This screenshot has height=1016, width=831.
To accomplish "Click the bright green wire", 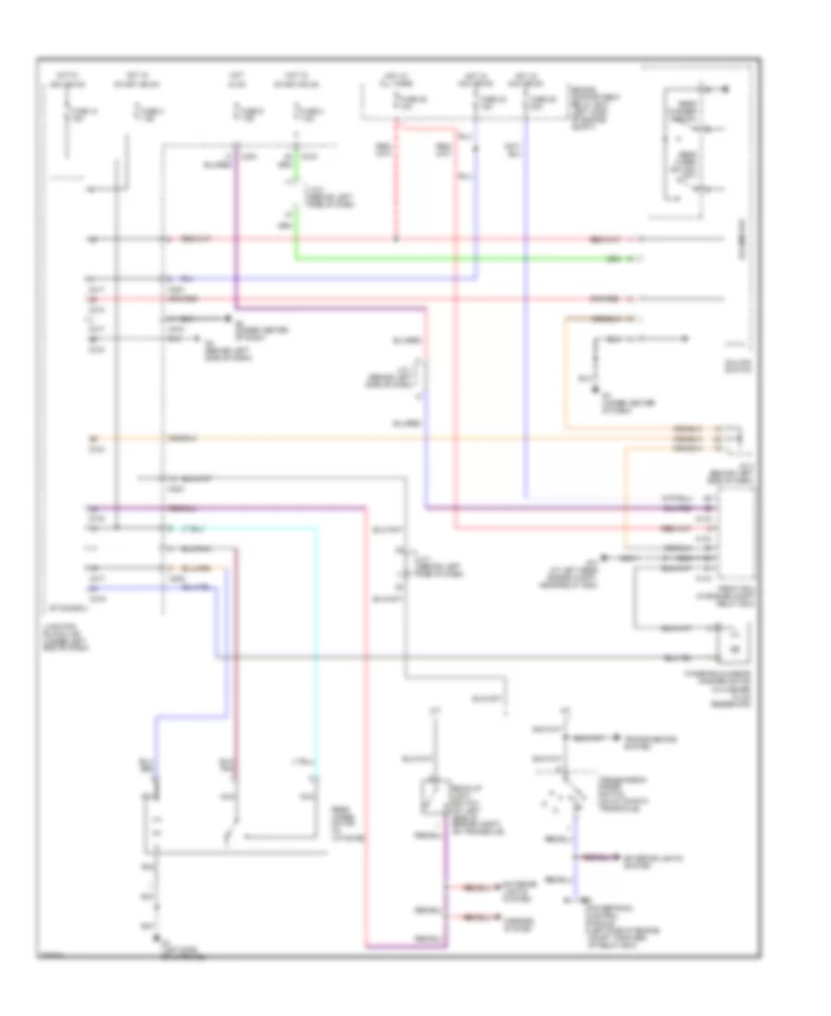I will pyautogui.click(x=462, y=259).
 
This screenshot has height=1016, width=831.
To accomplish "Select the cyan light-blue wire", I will pyautogui.click(x=317, y=647).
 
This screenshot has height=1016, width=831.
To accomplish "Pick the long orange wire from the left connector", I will pyautogui.click(x=369, y=436).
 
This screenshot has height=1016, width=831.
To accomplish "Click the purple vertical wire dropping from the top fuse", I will pyautogui.click(x=235, y=231).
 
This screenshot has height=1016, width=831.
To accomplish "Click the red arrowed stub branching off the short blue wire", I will pyautogui.click(x=596, y=858).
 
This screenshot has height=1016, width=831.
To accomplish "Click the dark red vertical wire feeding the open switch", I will pyautogui.click(x=235, y=647).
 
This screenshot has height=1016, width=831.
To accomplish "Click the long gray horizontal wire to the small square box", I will pyautogui.click(x=462, y=657).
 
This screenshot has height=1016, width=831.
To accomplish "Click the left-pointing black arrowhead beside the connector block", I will pyautogui.click(x=603, y=559).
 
